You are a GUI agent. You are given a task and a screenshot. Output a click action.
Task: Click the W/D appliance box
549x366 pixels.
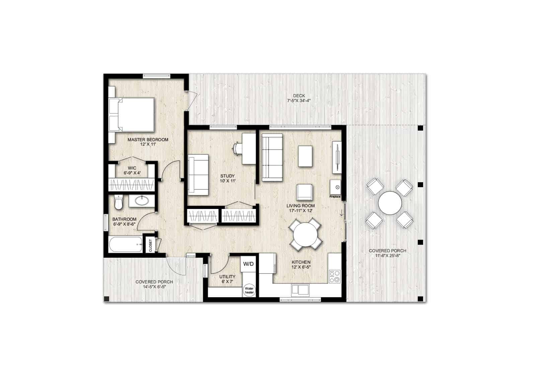(248, 264)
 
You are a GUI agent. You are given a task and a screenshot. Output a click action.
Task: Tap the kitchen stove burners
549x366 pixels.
(334, 277)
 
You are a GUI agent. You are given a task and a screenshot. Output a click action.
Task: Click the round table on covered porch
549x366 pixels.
(390, 203)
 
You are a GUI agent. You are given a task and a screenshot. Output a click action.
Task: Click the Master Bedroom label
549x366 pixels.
(148, 140)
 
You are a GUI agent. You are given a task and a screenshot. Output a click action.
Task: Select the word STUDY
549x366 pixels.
(227, 176)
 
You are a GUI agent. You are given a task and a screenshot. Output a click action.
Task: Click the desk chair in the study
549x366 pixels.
(237, 148)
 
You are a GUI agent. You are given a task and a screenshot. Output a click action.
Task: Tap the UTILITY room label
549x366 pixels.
(227, 277)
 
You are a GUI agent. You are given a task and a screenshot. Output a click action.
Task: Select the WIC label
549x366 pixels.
(132, 168)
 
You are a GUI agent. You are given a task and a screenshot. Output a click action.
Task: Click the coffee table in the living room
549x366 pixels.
(306, 156)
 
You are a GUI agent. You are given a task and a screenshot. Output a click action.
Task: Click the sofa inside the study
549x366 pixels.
(198, 174)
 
